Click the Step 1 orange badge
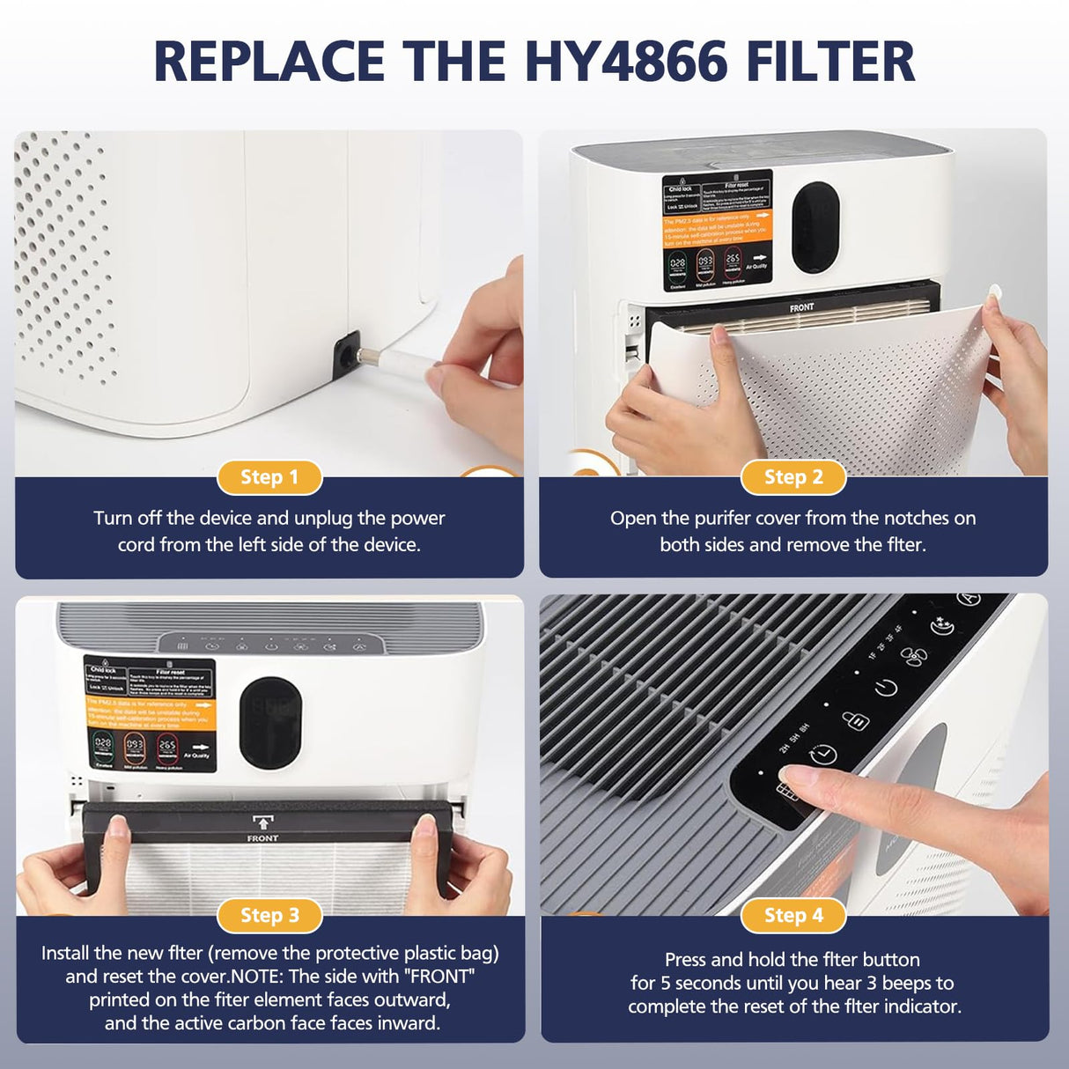point(269,477)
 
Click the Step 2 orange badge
point(793,477)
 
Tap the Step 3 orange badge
point(269,916)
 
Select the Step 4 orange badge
point(793,916)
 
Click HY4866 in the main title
point(626,62)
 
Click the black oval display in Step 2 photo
point(815,227)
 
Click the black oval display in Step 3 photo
point(270,722)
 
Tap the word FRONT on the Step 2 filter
point(801,307)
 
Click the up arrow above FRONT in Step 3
point(262,824)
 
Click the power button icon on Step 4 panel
point(886,688)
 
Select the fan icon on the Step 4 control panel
point(914,657)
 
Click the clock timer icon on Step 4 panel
point(823,755)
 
